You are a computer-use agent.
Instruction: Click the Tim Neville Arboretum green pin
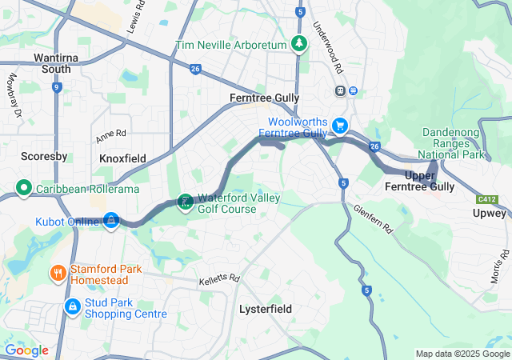pyautogui.click(x=299, y=43)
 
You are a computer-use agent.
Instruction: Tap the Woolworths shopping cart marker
pyautogui.click(x=341, y=126)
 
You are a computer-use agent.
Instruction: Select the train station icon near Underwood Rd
pyautogui.click(x=342, y=90)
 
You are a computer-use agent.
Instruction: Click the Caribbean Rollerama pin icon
pyautogui.click(x=23, y=190)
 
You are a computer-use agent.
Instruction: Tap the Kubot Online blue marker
pyautogui.click(x=110, y=219)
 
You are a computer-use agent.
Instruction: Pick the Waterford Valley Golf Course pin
pyautogui.click(x=185, y=201)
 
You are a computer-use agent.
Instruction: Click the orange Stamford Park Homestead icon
pyautogui.click(x=58, y=274)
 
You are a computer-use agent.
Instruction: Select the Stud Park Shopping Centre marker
pyautogui.click(x=73, y=306)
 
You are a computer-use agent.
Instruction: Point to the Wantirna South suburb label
pyautogui.click(x=58, y=63)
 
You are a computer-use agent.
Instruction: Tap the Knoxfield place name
pyautogui.click(x=122, y=158)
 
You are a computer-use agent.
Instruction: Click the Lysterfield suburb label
pyautogui.click(x=266, y=308)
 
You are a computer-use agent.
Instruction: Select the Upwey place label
pyautogui.click(x=490, y=214)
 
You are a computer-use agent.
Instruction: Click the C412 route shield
pyautogui.click(x=486, y=198)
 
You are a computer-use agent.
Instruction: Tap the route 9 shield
pyautogui.click(x=56, y=86)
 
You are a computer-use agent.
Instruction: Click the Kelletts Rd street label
pyautogui.click(x=218, y=279)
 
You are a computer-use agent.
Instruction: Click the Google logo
pyautogui.click(x=26, y=350)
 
